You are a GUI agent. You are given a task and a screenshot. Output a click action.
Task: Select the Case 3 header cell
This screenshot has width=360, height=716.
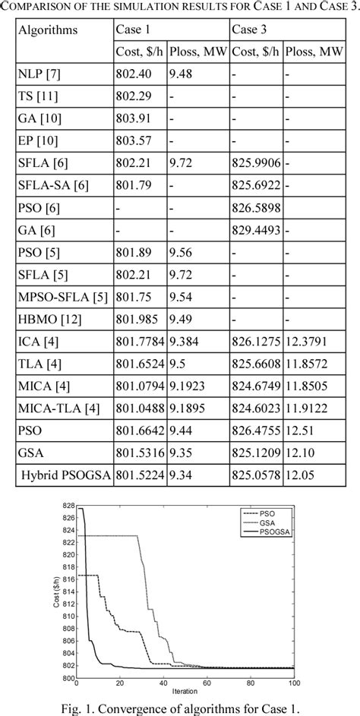(x=248, y=32)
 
